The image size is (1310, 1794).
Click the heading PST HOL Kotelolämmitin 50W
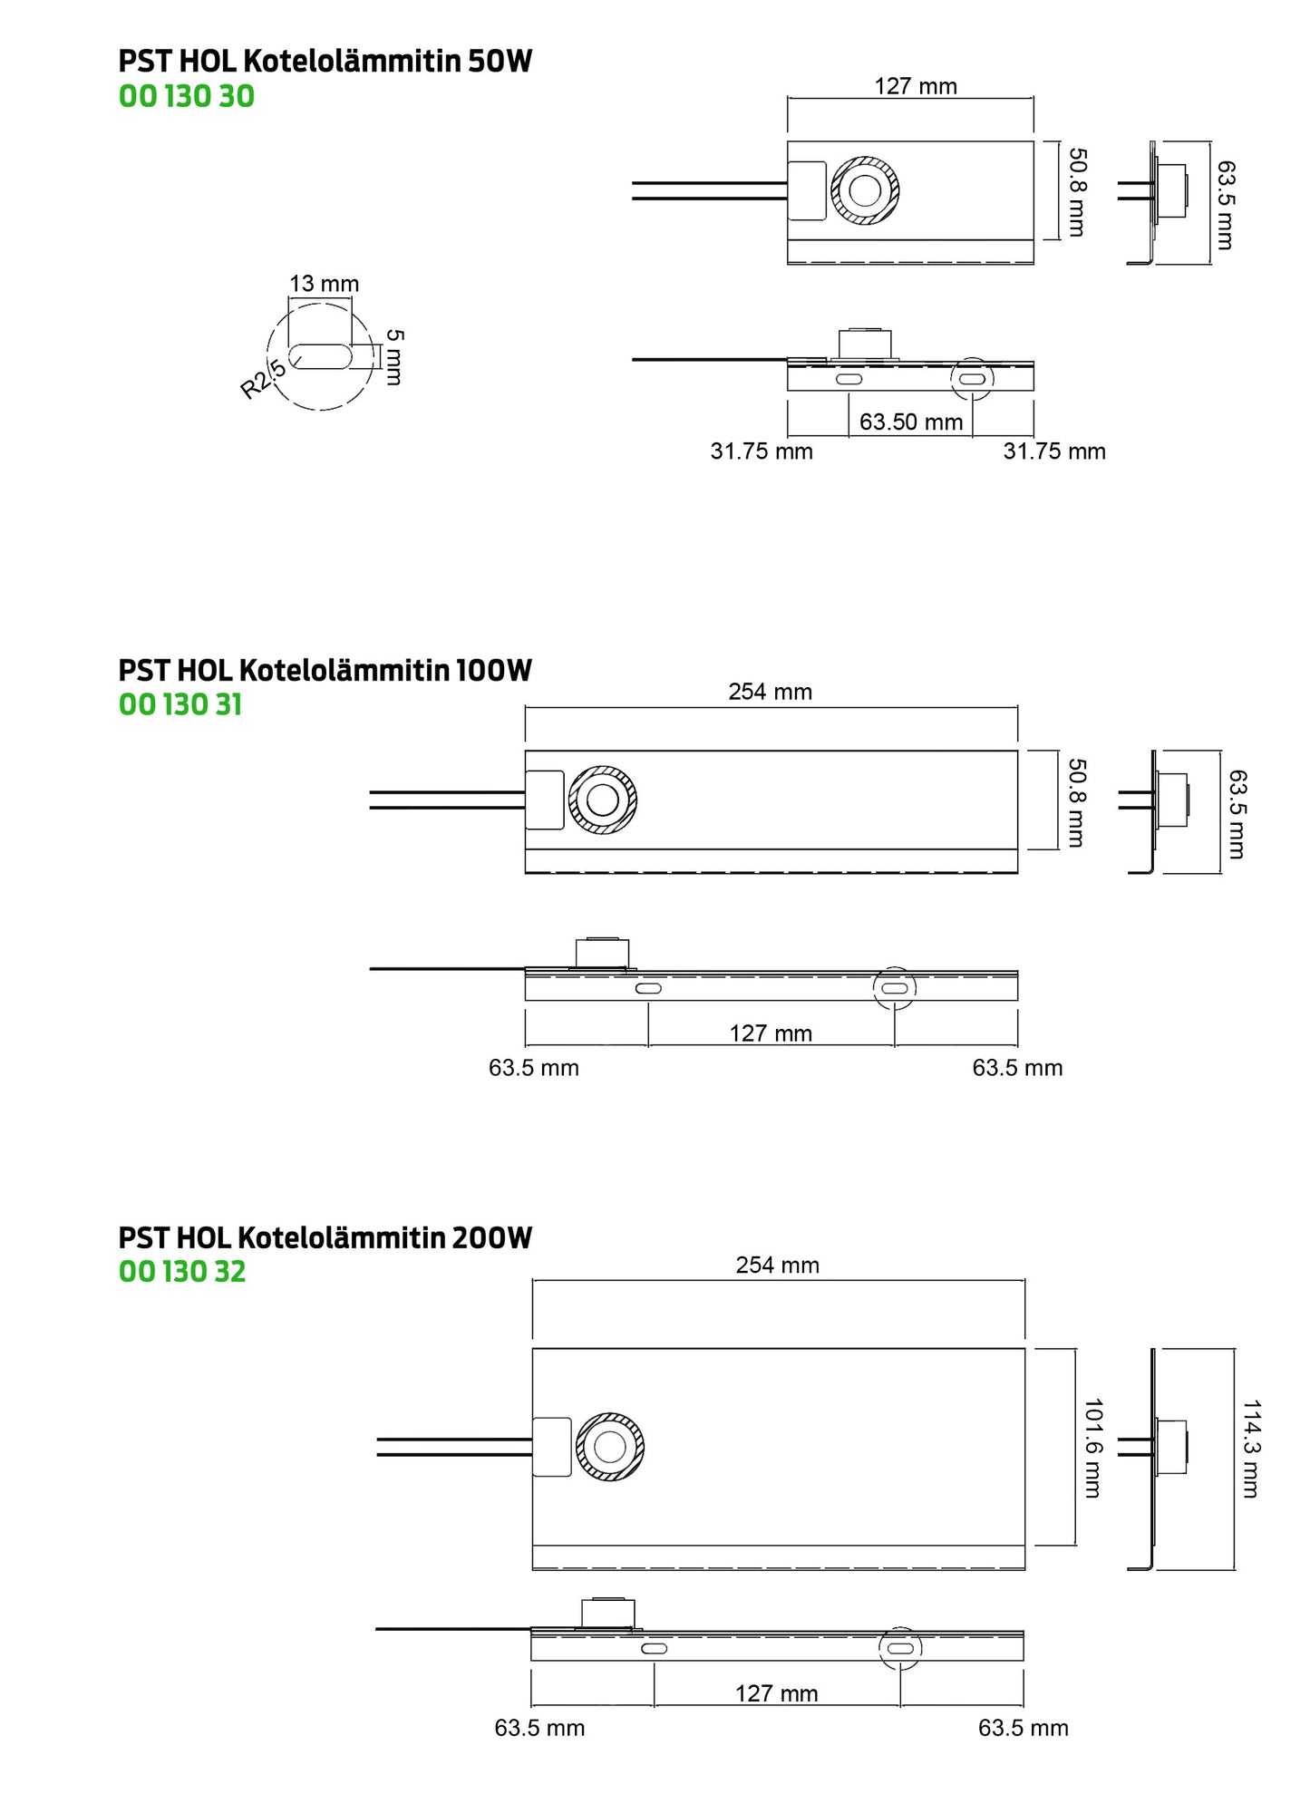point(325,62)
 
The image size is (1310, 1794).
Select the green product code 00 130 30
point(187,96)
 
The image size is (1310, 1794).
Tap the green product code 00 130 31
point(180,704)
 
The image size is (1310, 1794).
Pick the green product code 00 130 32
point(182,1271)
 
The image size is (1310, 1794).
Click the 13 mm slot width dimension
point(325,284)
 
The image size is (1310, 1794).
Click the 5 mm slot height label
point(394,356)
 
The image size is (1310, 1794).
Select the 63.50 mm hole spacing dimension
point(911,422)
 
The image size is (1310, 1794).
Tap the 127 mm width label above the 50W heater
point(916,86)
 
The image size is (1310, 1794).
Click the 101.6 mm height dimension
point(1093,1448)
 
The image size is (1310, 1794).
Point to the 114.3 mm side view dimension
point(1250,1449)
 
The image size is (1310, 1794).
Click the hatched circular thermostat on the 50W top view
point(865,190)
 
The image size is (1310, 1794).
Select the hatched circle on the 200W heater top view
point(610,1447)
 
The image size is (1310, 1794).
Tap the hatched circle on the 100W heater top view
point(603,800)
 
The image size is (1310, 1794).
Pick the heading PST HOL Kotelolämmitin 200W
point(325,1237)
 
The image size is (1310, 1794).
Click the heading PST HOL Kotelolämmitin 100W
point(325,671)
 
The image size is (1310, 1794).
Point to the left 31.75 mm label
point(762,451)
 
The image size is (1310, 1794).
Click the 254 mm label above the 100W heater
point(771,692)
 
